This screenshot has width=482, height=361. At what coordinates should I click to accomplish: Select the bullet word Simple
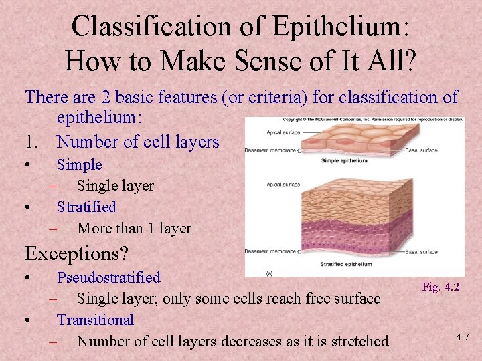point(79,164)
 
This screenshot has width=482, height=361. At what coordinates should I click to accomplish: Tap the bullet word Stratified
point(86,207)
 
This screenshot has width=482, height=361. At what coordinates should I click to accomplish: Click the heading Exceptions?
point(76,253)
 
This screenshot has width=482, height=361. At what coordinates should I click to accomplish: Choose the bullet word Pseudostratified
point(108,277)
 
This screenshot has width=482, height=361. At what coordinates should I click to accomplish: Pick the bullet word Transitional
point(95,320)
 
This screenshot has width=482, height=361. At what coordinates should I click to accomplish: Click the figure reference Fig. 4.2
point(440,287)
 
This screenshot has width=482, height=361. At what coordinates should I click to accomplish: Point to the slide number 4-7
point(462,338)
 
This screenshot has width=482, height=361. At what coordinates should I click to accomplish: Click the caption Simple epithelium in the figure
point(343,161)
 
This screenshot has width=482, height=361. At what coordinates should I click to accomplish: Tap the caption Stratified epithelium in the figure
point(345,264)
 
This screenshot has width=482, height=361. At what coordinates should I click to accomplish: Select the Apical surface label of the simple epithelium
point(282,133)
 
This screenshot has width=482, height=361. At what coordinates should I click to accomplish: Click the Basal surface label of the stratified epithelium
point(421,252)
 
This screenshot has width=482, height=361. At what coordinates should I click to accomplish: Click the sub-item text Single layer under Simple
point(115,186)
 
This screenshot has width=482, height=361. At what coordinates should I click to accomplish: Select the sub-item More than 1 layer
point(134,229)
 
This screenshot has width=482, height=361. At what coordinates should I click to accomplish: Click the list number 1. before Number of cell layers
point(33,142)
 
